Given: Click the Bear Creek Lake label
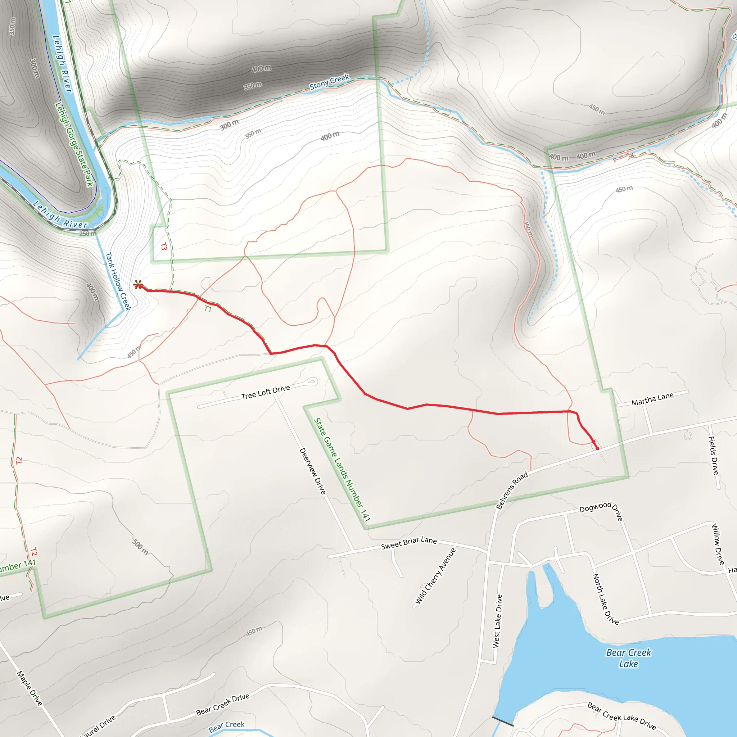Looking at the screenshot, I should click(x=629, y=658).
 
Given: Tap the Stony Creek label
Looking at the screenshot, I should click(x=329, y=82).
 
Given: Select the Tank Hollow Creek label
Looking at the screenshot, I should click(x=118, y=281).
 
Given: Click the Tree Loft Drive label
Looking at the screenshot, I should click(x=266, y=392).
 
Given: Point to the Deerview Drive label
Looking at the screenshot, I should click(x=312, y=471).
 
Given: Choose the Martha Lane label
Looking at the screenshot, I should click(x=653, y=399).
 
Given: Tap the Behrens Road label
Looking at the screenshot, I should click(x=512, y=490).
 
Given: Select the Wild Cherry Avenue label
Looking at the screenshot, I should click(x=435, y=576).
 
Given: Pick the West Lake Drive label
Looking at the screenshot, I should click(x=497, y=621).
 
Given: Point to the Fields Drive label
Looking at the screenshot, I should click(x=713, y=456).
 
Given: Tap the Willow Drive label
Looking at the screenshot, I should click(x=718, y=544).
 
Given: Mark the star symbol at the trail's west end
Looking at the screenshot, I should click(x=139, y=285).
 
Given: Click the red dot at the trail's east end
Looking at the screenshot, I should click(x=597, y=449).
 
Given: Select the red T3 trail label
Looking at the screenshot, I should click(x=164, y=247).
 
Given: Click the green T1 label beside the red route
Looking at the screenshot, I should click(x=208, y=309).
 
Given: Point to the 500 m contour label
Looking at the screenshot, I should click(x=140, y=547).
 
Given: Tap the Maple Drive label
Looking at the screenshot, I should click(x=30, y=688).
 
